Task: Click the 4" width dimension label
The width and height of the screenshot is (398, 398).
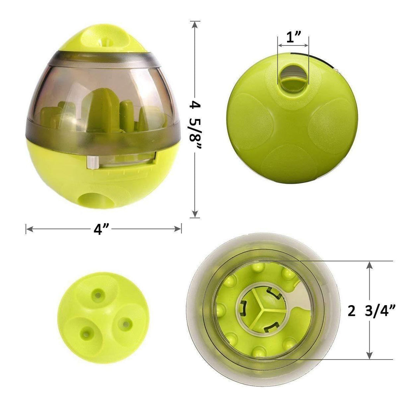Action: (x=101, y=229)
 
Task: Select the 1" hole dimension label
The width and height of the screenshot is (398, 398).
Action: (x=293, y=37)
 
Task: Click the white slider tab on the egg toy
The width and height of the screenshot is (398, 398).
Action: (x=93, y=162)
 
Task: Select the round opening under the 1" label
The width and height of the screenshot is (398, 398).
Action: (x=293, y=77)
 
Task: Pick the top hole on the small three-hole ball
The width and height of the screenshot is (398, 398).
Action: (x=98, y=295)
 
